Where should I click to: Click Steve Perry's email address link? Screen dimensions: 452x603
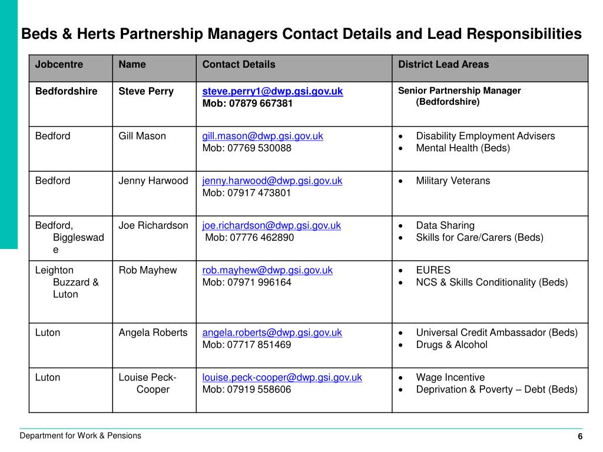tap(273, 91)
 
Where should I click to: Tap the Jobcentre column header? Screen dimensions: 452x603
tap(59, 65)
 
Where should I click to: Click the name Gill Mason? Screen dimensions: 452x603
tap(143, 136)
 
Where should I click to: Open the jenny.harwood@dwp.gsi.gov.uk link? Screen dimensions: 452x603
tap(272, 181)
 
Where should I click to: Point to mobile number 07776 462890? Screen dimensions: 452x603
tap(250, 238)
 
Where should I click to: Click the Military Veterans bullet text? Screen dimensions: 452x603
tap(453, 181)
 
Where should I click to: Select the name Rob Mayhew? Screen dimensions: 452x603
tap(148, 270)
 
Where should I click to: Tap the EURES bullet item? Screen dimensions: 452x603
tap(433, 270)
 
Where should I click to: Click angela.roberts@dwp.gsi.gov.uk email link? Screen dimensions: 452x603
tap(272, 333)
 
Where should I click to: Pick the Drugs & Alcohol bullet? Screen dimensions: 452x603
tap(452, 345)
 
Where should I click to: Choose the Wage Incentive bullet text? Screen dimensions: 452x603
tap(450, 377)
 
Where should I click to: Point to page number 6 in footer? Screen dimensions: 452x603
tap(580, 437)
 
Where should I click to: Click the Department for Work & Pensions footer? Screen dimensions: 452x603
tap(81, 436)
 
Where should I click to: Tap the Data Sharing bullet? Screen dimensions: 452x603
tap(445, 225)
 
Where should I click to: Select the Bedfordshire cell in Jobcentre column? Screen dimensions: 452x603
tap(67, 91)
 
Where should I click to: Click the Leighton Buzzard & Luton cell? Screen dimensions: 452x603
tap(66, 282)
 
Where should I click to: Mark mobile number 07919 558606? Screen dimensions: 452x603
tap(247, 390)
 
